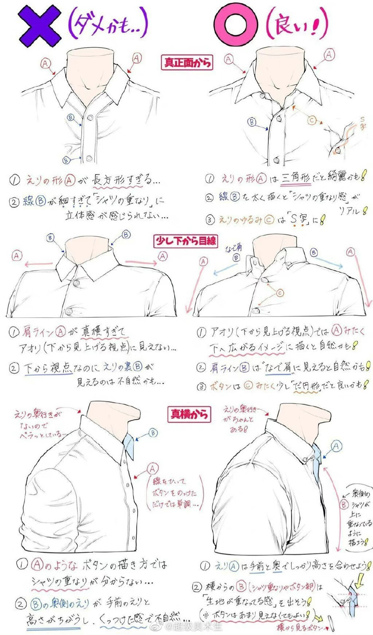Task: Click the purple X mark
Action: coord(40,26)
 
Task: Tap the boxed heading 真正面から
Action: coord(186,62)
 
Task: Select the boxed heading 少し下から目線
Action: coord(186,241)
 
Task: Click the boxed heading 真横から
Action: coord(189,414)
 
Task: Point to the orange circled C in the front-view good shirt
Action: coord(312,120)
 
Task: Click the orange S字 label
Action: coord(362,124)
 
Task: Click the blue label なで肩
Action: coord(233,248)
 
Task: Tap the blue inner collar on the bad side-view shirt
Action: coord(129,447)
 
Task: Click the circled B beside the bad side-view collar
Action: coord(153,433)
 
